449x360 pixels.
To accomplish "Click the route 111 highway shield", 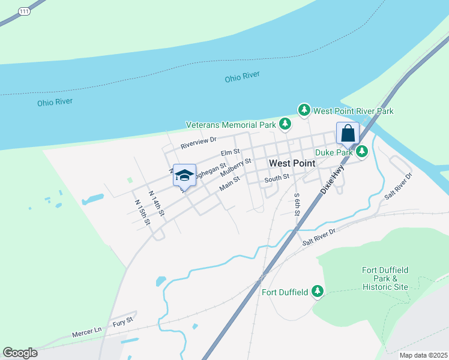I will (23, 11).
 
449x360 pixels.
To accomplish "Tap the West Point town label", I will (292, 163).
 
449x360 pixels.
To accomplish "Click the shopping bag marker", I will (348, 134).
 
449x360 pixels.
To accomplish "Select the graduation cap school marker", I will (184, 175).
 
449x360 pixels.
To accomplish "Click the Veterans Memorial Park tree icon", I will (285, 125).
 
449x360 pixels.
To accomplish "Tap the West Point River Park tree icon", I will (305, 110).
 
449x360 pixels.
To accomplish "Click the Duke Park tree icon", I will (362, 152).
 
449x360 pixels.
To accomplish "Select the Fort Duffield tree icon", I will (317, 292).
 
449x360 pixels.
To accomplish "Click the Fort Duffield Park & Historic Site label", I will (385, 278).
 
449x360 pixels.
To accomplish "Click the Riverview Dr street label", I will (199, 142).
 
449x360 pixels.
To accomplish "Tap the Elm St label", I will (230, 153).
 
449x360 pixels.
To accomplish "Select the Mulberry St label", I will (235, 168).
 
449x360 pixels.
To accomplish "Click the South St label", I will (277, 178).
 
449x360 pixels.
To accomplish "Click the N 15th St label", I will (142, 212).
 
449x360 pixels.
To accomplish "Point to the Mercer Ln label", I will (88, 331).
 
